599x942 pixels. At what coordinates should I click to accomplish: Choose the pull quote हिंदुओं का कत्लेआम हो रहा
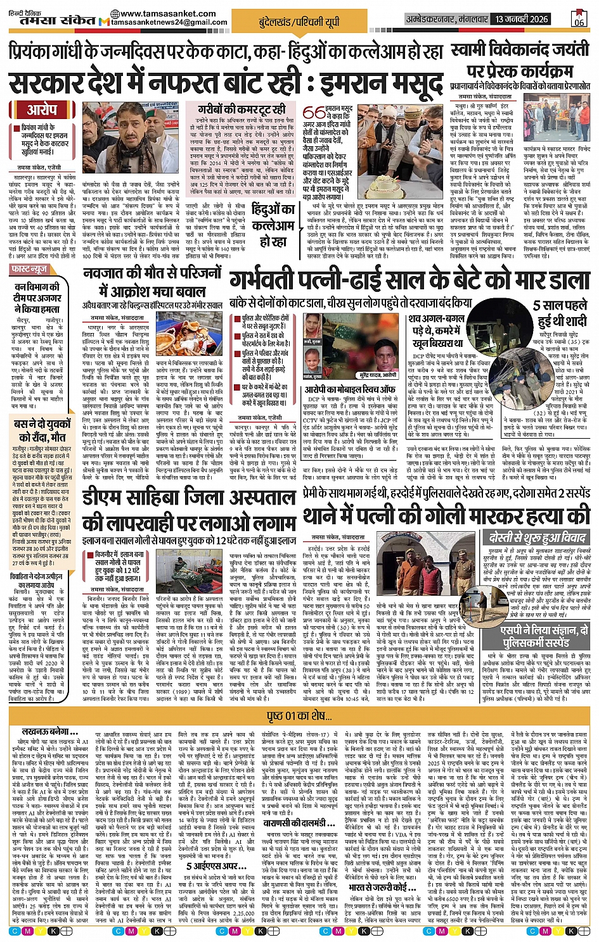point(273,225)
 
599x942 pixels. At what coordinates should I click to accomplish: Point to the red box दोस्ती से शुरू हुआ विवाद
point(538,537)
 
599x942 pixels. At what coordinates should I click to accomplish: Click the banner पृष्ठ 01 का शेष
point(299,716)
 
